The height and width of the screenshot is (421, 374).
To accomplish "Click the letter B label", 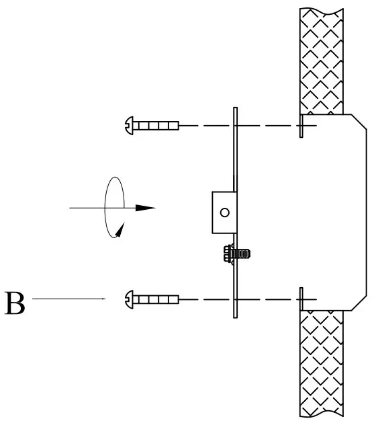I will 15,303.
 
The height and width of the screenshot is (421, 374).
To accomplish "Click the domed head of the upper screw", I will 130,124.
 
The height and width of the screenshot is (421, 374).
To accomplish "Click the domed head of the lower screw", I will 130,298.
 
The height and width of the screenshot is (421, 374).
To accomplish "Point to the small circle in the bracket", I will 224,213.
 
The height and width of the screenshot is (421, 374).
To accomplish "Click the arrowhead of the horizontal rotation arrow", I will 146,208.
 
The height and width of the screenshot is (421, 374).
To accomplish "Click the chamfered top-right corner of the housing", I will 359,122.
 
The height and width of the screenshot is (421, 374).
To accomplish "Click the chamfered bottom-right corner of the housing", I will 359,303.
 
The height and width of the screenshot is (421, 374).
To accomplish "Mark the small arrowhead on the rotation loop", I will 120,231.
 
